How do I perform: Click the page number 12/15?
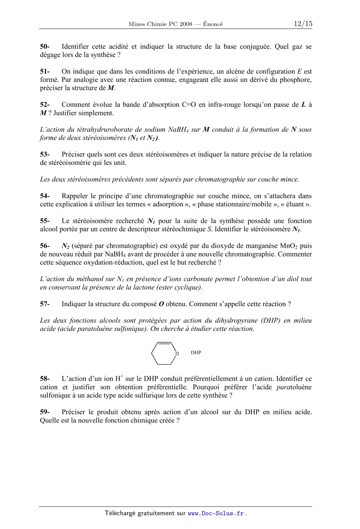pyautogui.click(x=303, y=24)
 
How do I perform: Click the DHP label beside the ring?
pyautogui.click(x=196, y=353)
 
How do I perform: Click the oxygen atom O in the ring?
pyautogui.click(x=177, y=354)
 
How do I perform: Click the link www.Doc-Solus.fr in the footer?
pyautogui.click(x=216, y=514)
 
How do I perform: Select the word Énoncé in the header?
pyautogui.click(x=213, y=24)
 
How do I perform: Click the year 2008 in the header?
pyautogui.click(x=186, y=24)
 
